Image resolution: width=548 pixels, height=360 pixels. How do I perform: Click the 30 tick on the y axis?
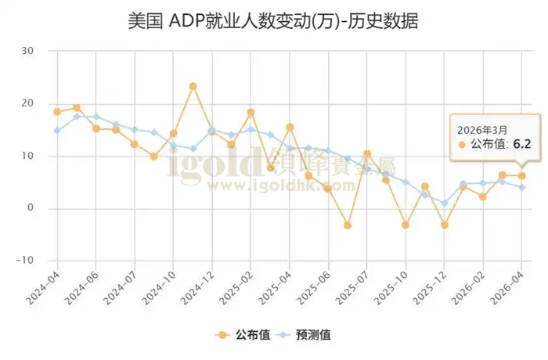(28, 51)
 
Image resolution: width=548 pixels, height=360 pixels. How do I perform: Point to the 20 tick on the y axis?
(28, 103)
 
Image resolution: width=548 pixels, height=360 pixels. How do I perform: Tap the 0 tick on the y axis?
(31, 208)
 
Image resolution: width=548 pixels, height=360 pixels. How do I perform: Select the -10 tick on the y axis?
(26, 261)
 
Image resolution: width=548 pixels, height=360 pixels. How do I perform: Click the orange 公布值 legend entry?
(243, 335)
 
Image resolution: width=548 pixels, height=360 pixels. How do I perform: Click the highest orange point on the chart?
(193, 86)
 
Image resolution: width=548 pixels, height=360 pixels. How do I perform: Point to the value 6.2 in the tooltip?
(522, 145)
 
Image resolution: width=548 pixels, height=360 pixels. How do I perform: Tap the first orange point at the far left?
(57, 112)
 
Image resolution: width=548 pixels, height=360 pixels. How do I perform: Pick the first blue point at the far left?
(57, 131)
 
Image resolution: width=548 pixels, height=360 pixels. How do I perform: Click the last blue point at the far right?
(521, 187)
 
